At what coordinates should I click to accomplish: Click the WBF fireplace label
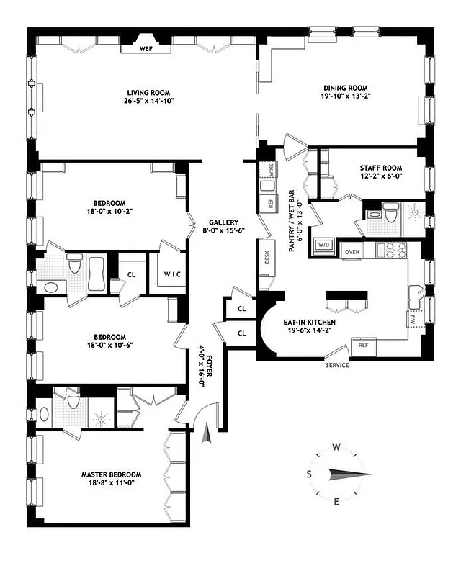click(155, 50)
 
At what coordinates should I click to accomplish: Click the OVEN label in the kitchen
click(352, 251)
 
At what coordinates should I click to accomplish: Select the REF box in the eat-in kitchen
click(364, 346)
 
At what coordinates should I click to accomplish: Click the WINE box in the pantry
click(271, 171)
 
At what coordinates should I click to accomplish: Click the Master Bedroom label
click(111, 474)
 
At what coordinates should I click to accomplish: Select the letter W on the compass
click(336, 446)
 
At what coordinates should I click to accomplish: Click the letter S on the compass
click(309, 474)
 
